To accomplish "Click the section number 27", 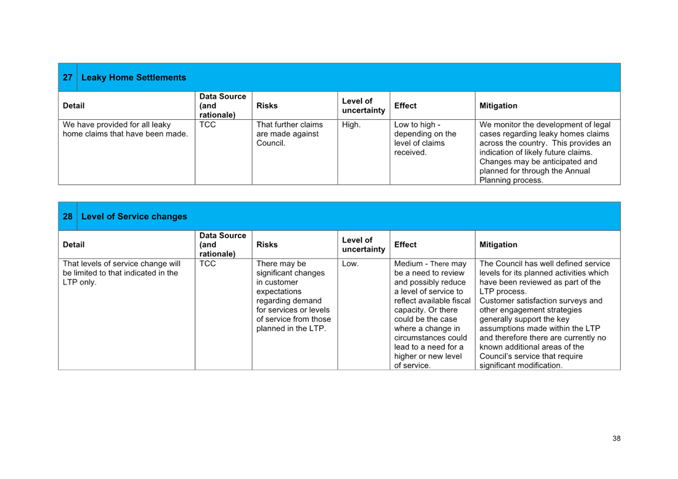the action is (x=67, y=78).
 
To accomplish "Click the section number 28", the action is (x=67, y=216).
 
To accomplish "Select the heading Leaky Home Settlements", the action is (x=133, y=78).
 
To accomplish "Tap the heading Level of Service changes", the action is (x=134, y=216).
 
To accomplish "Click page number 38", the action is (x=616, y=439).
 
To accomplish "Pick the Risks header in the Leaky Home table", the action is (x=267, y=106).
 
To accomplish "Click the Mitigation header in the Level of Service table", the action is (x=498, y=245).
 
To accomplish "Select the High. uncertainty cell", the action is (x=351, y=124).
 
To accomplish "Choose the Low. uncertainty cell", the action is (x=350, y=264).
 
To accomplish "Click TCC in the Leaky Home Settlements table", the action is (x=207, y=124).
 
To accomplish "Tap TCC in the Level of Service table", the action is (x=207, y=264).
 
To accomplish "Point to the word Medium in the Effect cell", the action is (x=408, y=264).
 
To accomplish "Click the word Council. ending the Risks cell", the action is (x=271, y=143).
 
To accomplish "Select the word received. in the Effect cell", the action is (x=410, y=153).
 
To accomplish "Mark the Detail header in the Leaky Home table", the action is (x=74, y=106).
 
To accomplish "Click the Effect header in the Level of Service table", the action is (x=405, y=245).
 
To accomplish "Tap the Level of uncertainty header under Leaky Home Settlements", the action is (x=364, y=106).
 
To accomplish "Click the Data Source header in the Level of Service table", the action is (x=223, y=245).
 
